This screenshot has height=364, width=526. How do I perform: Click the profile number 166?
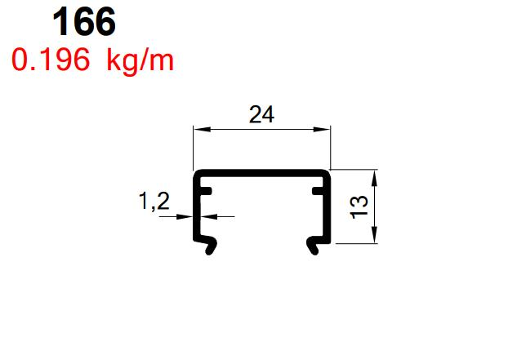pos(84,22)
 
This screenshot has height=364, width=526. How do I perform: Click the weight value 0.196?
pos(50,60)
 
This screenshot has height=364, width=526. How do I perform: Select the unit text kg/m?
pos(140,60)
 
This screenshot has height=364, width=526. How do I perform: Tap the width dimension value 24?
pos(261,115)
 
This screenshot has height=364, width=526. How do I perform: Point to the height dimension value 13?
pos(359,206)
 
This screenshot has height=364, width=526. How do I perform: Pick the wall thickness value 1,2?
pos(154,202)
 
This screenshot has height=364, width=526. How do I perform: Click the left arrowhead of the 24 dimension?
pos(198,129)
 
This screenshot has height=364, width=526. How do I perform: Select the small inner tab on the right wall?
pos(317,192)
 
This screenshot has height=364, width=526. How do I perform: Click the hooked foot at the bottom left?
pos(210,245)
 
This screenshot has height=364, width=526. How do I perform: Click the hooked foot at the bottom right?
pos(313,245)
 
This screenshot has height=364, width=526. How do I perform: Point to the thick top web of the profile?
pos(261,173)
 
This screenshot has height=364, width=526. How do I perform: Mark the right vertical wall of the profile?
pos(328,208)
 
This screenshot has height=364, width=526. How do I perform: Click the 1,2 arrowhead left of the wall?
pos(187,216)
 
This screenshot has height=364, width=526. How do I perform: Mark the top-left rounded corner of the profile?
pos(195,175)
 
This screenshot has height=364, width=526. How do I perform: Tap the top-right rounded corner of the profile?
pos(328,175)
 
